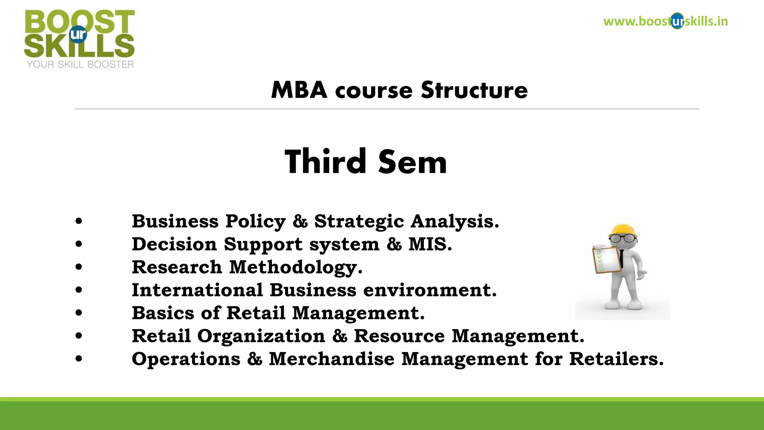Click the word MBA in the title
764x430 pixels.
[299, 90]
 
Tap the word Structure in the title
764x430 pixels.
[474, 90]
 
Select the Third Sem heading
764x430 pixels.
[366, 162]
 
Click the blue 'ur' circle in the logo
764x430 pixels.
[78, 34]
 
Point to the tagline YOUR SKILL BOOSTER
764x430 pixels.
[80, 65]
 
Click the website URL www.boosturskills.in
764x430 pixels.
[665, 21]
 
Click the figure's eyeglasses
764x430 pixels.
[623, 238]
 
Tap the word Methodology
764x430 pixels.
[295, 268]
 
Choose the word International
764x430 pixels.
[197, 290]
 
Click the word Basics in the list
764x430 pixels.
[163, 313]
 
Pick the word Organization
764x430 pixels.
[261, 336]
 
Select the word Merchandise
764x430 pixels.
[332, 359]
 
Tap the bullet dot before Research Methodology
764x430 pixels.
[79, 267]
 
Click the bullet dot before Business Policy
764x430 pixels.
[79, 221]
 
